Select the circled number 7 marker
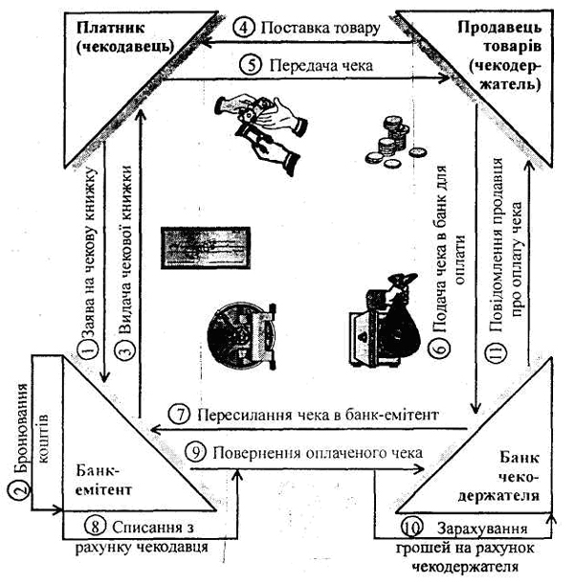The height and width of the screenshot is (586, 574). pos(182,416)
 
